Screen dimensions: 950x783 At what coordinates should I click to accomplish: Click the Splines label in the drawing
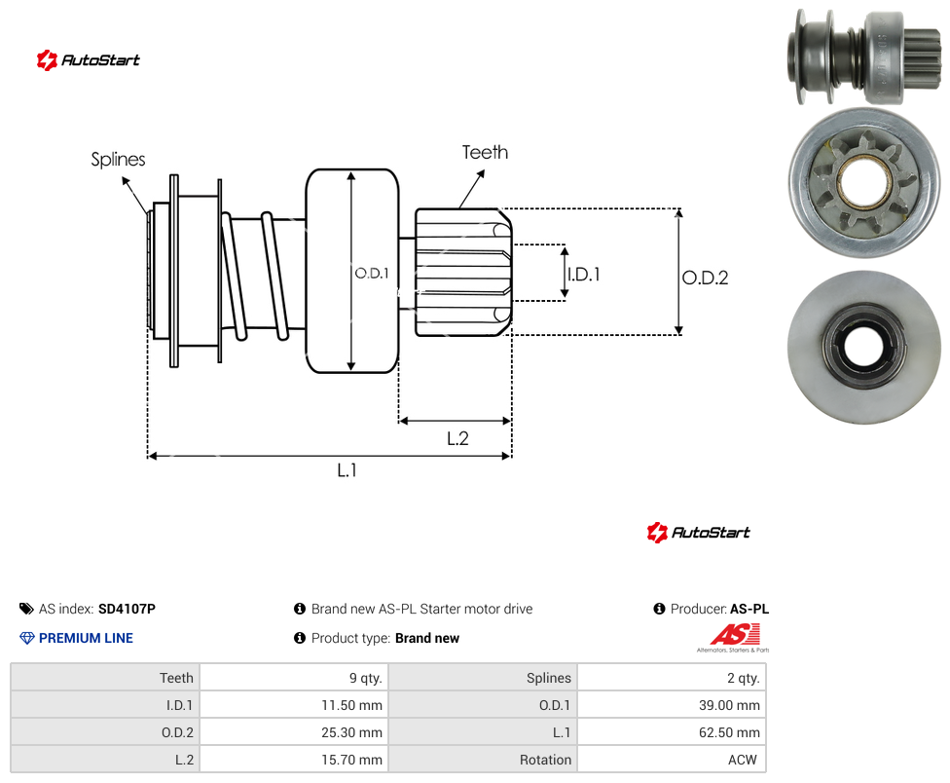pos(118,160)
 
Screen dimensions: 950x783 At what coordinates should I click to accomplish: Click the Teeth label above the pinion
pos(485,152)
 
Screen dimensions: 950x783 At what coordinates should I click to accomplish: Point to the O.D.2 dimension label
pos(706,278)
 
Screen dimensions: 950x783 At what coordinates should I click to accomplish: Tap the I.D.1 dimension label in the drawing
pos(584,275)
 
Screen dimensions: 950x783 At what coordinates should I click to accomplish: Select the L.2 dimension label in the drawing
pos(457,438)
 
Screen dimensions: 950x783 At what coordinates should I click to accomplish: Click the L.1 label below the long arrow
pos(347,469)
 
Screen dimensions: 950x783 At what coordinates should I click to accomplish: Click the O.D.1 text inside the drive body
pos(372,274)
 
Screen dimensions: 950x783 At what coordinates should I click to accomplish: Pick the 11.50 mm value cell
pos(294,705)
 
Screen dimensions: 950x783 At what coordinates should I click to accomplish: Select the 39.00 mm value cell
pos(672,705)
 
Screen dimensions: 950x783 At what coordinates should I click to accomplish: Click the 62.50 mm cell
pos(672,732)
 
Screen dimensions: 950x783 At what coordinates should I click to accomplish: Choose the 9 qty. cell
pos(294,678)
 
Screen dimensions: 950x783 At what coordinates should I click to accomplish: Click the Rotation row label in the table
pos(545,760)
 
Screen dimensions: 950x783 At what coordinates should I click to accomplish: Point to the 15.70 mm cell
pos(294,760)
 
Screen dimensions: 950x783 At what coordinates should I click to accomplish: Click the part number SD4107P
pos(127,609)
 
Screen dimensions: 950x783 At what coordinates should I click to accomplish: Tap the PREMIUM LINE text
pos(86,638)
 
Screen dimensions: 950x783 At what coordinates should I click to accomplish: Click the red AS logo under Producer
pos(734,636)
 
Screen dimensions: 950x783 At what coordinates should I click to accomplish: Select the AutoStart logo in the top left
pos(88,60)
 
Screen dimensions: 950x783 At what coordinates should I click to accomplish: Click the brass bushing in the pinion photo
pos(864,182)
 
